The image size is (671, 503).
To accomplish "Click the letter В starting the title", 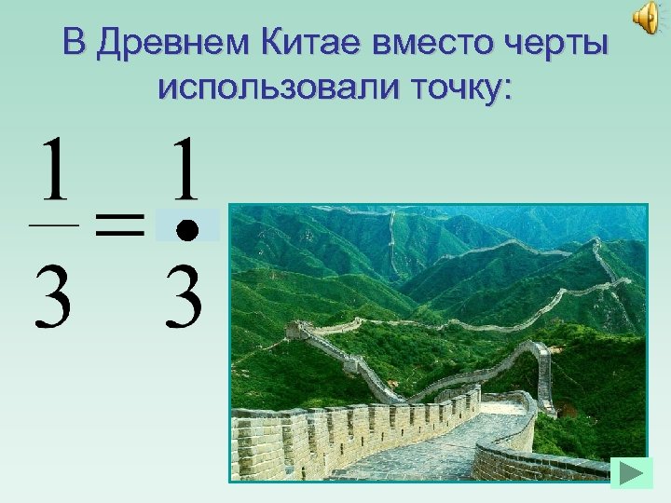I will tap(76, 42).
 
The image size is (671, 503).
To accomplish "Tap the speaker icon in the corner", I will tap(646, 17).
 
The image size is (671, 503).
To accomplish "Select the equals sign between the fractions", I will tap(118, 225).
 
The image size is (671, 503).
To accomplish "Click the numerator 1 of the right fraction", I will tap(186, 170).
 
